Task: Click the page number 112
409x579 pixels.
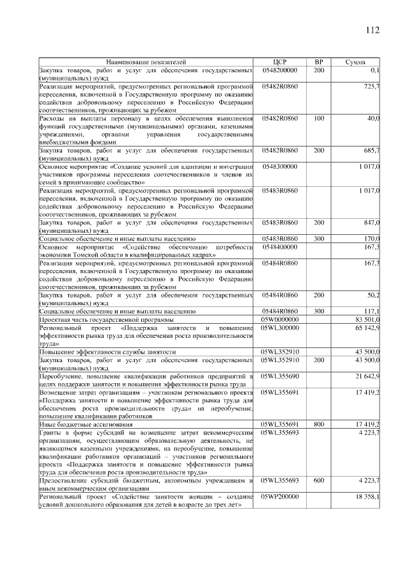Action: click(x=373, y=30)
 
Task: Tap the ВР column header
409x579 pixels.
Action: click(x=319, y=62)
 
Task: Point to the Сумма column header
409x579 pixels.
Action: click(x=355, y=62)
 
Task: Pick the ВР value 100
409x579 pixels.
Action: click(x=319, y=119)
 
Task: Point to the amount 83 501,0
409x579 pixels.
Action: click(x=367, y=319)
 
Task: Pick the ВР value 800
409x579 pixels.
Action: click(x=319, y=424)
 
